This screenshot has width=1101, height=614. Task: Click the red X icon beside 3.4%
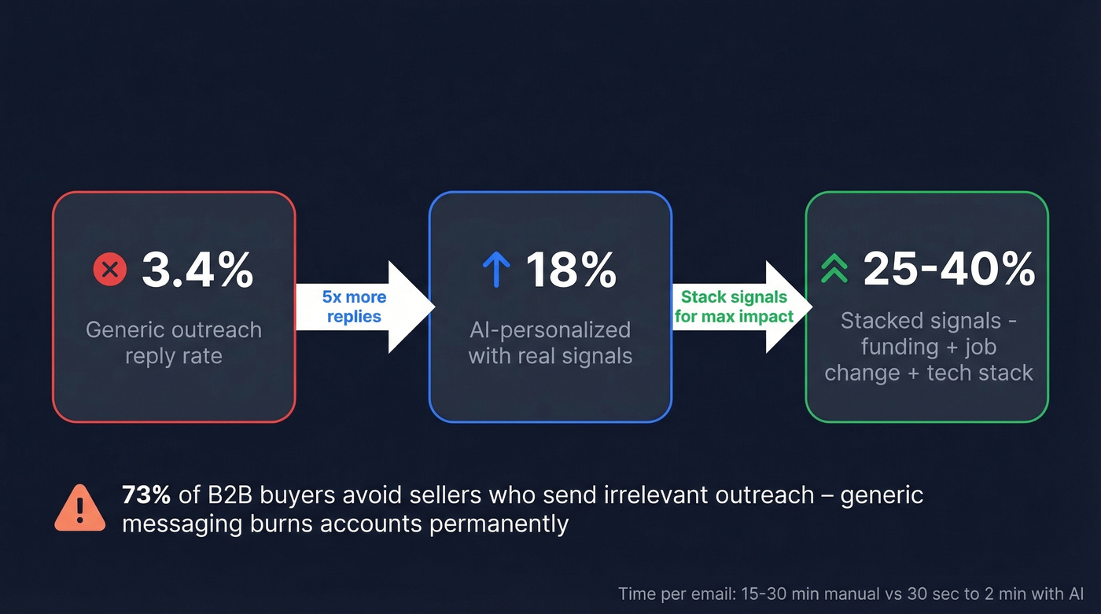pos(110,270)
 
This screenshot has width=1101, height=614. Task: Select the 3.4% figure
pos(197,270)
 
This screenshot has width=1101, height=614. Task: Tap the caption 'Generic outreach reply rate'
pos(174,343)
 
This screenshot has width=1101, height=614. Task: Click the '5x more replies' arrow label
pos(354,307)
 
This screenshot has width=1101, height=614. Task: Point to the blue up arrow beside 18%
pos(496,270)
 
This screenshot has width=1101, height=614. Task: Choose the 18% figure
pos(571,270)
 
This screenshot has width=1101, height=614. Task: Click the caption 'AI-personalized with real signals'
pos(550,343)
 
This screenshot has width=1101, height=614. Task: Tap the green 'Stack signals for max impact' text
pos(734,307)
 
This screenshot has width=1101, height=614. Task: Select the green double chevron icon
pos(834,270)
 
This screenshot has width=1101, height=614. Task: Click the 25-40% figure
pos(949,270)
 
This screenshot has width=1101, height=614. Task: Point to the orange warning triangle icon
pos(80,508)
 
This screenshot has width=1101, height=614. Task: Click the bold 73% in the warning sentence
pos(146,495)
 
